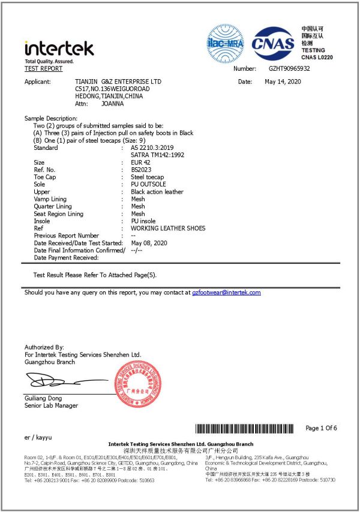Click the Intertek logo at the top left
tap(59, 49)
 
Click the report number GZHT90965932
tap(289, 69)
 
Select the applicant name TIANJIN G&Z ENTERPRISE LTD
tap(118, 82)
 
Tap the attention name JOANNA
tap(113, 103)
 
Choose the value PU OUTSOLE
tap(148, 185)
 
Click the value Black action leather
tap(157, 192)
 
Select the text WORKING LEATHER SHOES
tap(168, 228)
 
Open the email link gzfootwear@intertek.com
tap(226, 293)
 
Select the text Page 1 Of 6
tap(321, 428)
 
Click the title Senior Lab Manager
tap(51, 406)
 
